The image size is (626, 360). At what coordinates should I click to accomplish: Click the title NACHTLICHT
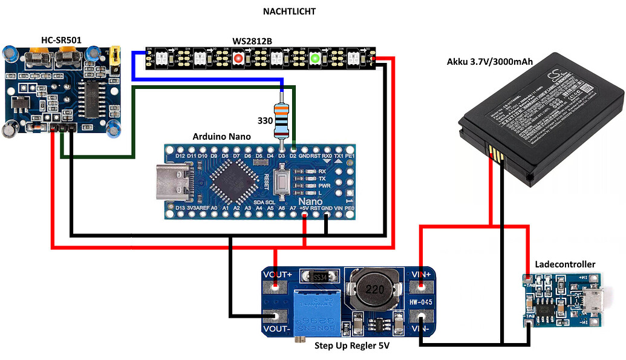[289, 11]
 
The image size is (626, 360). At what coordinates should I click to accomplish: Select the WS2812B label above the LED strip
[252, 41]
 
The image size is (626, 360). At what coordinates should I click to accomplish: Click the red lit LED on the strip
[239, 59]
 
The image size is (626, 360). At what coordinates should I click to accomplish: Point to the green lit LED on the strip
[315, 59]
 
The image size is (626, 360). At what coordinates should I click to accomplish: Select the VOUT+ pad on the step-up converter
[276, 287]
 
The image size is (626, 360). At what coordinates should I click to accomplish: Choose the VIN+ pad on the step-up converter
[421, 287]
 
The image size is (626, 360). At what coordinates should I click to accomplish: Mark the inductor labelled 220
[370, 289]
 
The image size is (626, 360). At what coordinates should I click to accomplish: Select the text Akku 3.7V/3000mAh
[491, 61]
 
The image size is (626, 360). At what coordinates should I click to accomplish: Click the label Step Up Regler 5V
[351, 346]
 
